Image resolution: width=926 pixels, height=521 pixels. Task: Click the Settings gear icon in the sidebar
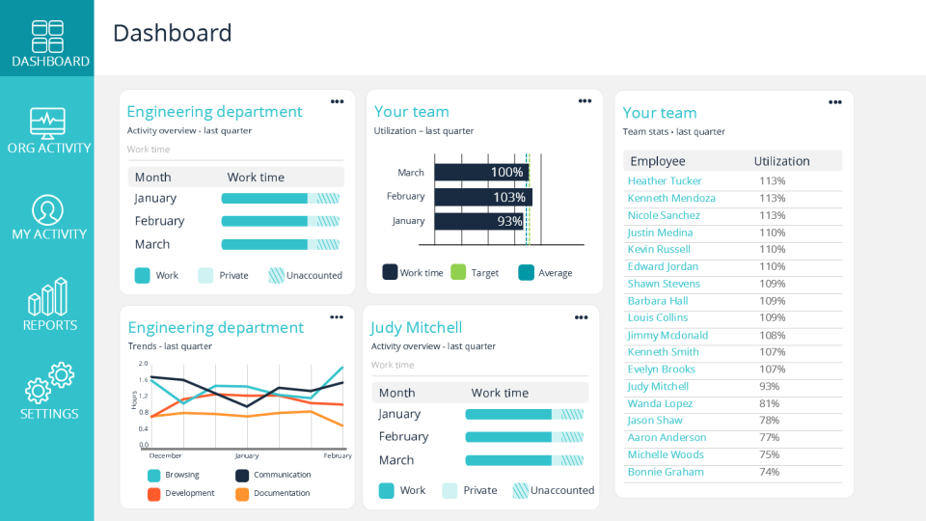(x=48, y=383)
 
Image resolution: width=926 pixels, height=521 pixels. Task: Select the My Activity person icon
(x=47, y=209)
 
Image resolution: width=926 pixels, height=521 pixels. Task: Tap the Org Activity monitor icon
(x=47, y=123)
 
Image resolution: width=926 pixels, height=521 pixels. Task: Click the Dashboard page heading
(x=172, y=33)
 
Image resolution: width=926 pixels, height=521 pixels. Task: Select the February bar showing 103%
(x=482, y=197)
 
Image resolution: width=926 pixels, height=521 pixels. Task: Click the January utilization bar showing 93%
(x=478, y=221)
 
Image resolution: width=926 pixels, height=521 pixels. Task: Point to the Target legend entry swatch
(x=458, y=273)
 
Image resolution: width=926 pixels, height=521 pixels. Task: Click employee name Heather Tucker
(x=665, y=181)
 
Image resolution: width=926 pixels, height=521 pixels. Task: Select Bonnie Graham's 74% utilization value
(x=769, y=472)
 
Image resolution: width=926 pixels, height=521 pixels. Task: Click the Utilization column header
(x=781, y=161)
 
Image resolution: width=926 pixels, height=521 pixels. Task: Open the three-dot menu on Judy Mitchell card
(x=581, y=317)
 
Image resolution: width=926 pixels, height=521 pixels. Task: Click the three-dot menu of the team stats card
(x=834, y=102)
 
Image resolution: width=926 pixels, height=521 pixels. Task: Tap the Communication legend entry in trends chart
(x=274, y=475)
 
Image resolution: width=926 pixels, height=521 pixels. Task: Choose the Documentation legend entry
(x=274, y=493)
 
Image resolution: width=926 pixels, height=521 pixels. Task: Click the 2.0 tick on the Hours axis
(x=143, y=364)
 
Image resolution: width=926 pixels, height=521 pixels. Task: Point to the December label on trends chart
(x=165, y=455)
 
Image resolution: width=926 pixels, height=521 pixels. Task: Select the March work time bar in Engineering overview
(x=280, y=245)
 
